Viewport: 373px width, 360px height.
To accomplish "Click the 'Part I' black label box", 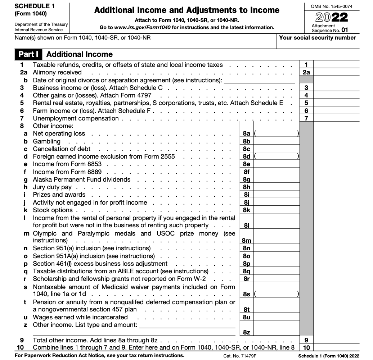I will click(28, 54).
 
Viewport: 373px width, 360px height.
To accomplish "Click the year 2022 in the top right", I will click(331, 17).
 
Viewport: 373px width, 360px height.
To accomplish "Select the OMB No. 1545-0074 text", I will click(331, 6).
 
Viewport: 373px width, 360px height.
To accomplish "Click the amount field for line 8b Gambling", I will click(276, 141).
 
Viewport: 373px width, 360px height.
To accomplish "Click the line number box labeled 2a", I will click(306, 73).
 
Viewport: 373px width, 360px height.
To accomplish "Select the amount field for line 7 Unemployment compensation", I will click(336, 118).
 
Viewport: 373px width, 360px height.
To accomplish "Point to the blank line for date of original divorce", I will click(259, 80).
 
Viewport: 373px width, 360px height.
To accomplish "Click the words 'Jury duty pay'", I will click(52, 187).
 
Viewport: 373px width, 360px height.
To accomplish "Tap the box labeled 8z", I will click(247, 332).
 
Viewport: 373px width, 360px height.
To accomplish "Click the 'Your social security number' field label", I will click(317, 38).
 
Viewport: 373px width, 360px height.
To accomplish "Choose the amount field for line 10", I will click(336, 347).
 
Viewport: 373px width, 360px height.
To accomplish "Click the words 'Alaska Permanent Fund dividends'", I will click(82, 179).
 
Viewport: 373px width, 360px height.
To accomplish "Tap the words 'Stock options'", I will click(53, 210).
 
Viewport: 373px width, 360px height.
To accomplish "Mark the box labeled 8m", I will click(247, 240).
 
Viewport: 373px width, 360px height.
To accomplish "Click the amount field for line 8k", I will click(276, 210).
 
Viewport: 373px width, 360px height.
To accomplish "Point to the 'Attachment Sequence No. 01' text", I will click(330, 28).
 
